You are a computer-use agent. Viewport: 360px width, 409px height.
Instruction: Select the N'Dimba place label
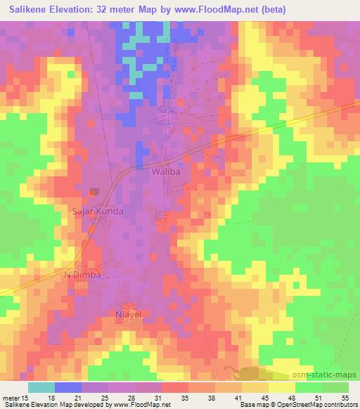[83, 275]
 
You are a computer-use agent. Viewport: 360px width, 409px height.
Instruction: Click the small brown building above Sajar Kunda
[94, 191]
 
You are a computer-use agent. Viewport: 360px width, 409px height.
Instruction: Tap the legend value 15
[25, 398]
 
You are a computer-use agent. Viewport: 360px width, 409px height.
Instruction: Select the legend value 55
[344, 398]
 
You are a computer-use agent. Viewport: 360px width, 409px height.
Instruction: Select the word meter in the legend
[11, 398]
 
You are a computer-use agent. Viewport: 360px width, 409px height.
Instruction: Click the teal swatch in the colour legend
[41, 387]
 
